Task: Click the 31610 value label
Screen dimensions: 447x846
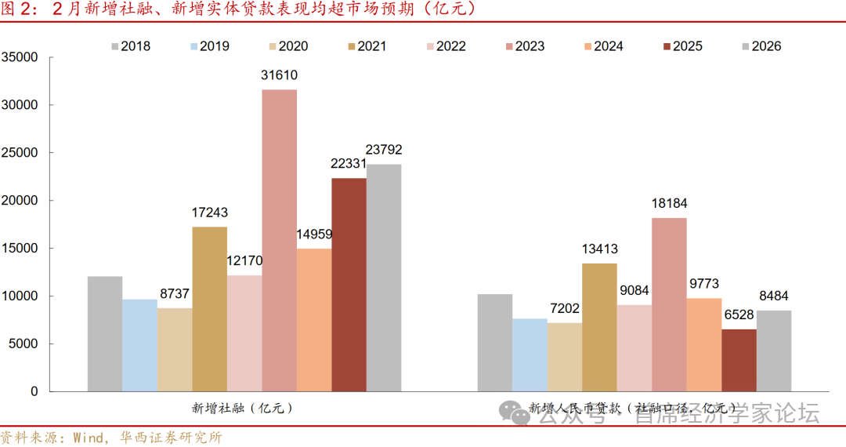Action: (x=280, y=76)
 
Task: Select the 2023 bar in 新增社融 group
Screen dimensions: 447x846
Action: (x=280, y=240)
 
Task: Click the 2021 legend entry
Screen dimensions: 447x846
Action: (x=363, y=46)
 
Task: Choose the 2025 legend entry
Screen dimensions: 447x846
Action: (x=679, y=46)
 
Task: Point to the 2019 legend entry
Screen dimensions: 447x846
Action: (x=206, y=46)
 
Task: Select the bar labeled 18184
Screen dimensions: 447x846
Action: (x=669, y=304)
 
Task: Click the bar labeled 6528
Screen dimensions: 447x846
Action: (x=739, y=360)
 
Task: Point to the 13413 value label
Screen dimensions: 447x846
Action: (x=599, y=249)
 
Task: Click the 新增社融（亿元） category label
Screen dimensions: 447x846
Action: (x=242, y=409)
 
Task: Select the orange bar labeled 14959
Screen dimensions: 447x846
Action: (x=314, y=319)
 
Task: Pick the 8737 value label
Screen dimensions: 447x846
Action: (x=174, y=294)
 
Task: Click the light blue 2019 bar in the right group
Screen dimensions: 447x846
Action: (x=530, y=354)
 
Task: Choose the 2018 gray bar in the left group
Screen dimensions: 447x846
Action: (x=105, y=333)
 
